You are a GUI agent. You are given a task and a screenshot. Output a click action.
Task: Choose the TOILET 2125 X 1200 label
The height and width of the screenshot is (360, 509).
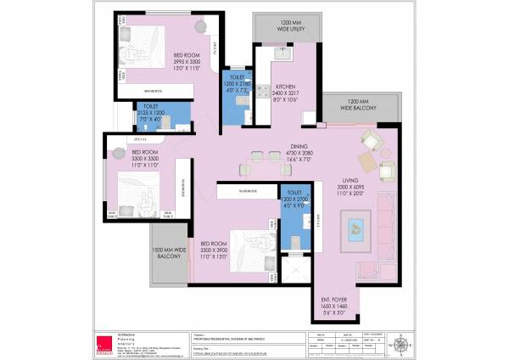pos(155,114)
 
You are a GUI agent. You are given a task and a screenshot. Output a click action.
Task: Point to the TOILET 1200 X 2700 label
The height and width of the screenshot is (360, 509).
pos(294,200)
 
